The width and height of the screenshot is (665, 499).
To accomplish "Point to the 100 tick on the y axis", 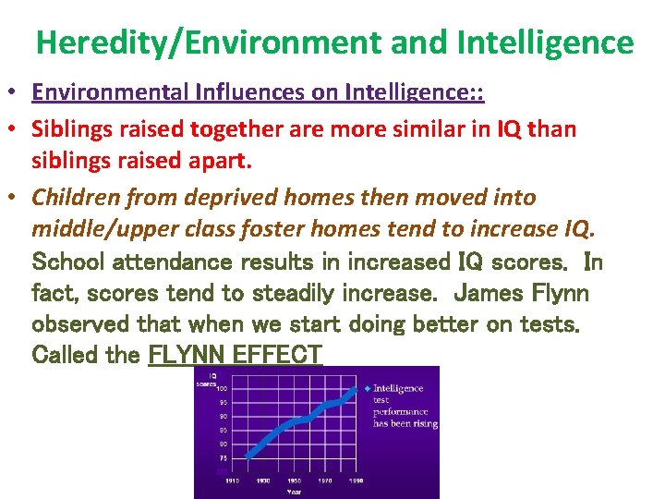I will tap(223, 389).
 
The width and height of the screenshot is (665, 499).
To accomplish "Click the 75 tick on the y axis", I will tap(223, 457).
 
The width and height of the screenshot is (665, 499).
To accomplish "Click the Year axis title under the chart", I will tap(294, 493).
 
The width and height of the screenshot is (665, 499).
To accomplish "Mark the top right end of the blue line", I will tap(357, 389).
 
